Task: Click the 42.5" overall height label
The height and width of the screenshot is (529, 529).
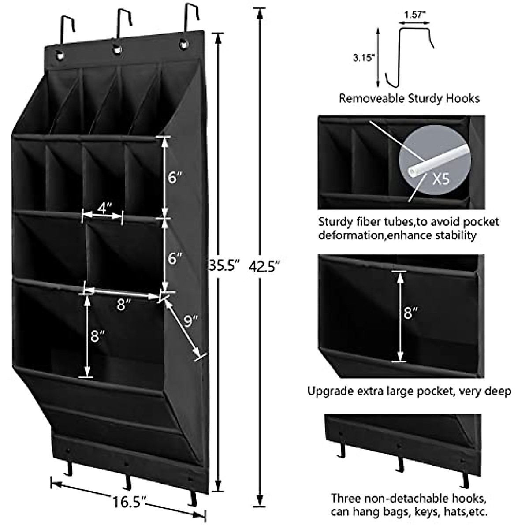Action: [x=264, y=266]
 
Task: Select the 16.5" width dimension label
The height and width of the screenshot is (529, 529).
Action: [x=129, y=502]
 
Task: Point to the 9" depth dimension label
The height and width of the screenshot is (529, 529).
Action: [x=191, y=321]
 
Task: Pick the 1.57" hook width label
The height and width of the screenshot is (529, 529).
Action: [x=414, y=14]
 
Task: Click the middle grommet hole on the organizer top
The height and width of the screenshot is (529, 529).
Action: [x=117, y=50]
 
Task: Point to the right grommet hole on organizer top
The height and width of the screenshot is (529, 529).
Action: [x=183, y=44]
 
